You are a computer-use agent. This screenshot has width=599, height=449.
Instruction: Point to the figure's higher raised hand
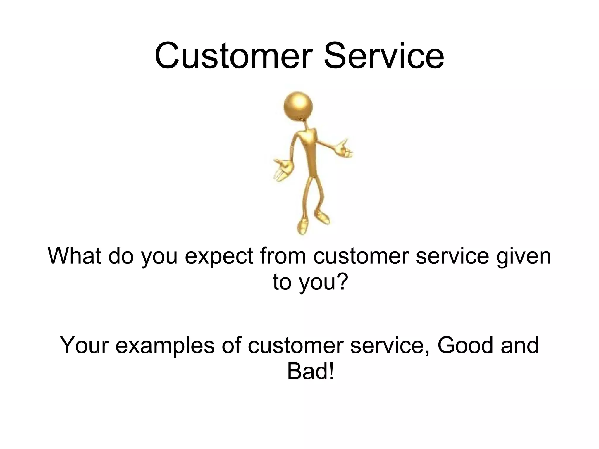345,149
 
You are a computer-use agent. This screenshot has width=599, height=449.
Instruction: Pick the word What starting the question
75,256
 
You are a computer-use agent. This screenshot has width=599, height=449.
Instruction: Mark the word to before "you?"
283,282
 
